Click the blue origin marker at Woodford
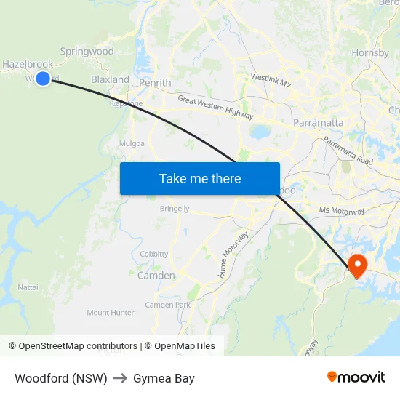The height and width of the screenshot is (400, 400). point(43,79)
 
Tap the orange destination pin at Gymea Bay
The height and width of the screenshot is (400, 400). point(358,265)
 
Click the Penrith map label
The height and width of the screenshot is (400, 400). point(156,83)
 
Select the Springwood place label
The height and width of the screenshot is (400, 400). point(87,52)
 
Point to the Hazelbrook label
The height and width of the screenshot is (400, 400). point(27,65)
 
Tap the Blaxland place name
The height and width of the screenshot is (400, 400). point(110,79)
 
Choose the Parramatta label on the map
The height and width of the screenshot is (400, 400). point(318,122)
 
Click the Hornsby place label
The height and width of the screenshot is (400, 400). point(370,53)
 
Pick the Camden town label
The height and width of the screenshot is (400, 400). point(156,276)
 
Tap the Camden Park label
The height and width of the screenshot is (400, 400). point(167,305)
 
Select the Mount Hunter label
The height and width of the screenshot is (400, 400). point(111,313)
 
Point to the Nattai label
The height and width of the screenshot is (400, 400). point(28,287)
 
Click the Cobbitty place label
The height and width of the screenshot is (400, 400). point(154,254)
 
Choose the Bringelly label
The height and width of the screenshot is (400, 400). point(175,209)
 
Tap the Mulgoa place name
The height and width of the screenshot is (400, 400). point(132,143)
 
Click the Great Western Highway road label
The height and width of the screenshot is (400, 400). point(215,108)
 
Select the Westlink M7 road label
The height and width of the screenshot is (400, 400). point(271,79)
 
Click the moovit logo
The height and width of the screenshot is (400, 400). point(356,377)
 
